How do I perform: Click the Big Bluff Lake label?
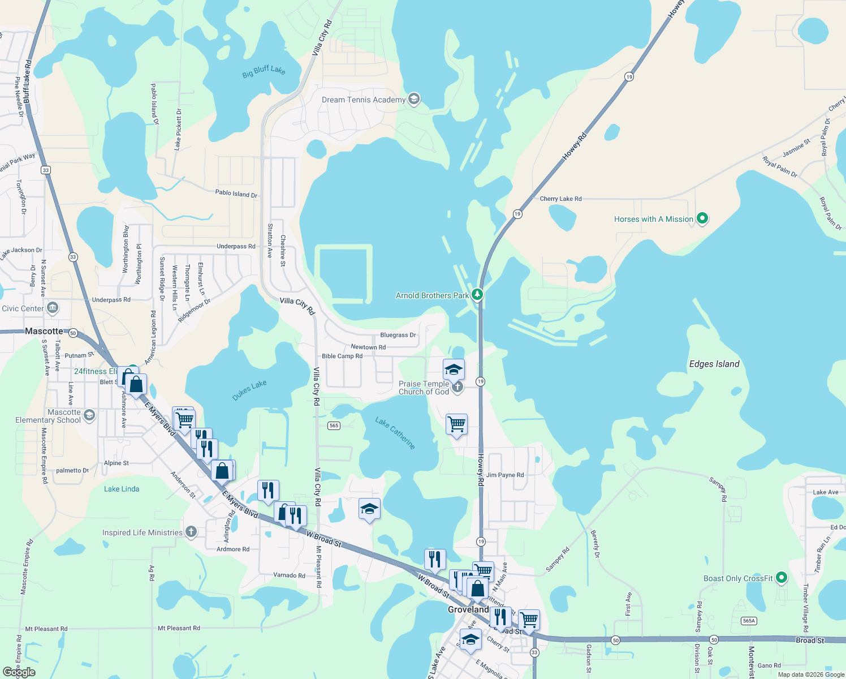click(x=264, y=71)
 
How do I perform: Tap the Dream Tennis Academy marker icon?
click(x=414, y=100)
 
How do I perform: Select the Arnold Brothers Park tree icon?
click(x=477, y=294)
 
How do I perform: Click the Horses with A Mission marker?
click(x=702, y=218)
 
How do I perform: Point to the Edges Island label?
click(x=714, y=364)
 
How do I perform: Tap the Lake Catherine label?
click(x=395, y=433)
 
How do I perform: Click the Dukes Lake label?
click(x=249, y=390)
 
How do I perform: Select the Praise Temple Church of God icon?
click(x=457, y=387)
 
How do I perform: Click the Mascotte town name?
click(x=44, y=331)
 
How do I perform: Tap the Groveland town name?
click(x=468, y=609)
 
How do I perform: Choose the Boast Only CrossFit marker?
click(x=782, y=578)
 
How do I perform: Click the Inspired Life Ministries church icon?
click(x=191, y=532)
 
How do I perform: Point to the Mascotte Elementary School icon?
click(x=89, y=416)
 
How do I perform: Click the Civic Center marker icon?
click(x=53, y=308)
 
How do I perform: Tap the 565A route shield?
click(x=749, y=621)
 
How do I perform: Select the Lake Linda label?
click(x=122, y=489)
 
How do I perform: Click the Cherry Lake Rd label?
click(x=560, y=199)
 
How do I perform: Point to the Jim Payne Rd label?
click(x=505, y=475)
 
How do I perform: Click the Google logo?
click(x=19, y=672)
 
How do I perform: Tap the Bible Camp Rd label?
click(x=342, y=356)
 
